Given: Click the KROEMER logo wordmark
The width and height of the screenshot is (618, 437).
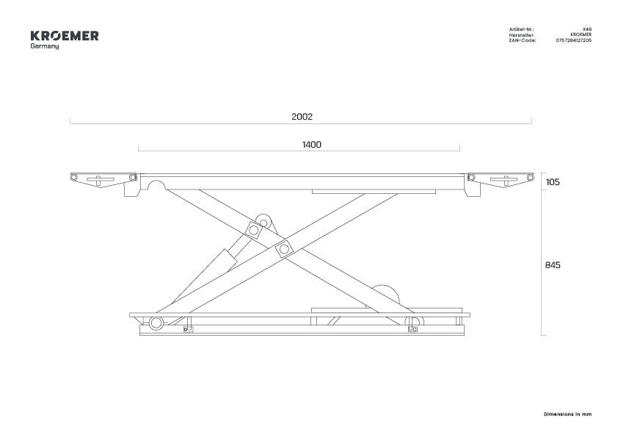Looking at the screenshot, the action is point(65,36).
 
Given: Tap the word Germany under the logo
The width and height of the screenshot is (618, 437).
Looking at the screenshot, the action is point(45,46).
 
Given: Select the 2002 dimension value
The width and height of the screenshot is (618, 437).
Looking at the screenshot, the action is point(302,117).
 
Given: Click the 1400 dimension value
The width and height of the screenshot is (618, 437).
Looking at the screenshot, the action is point(312,145).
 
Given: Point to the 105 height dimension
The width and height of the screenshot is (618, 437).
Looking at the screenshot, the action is point(553,182).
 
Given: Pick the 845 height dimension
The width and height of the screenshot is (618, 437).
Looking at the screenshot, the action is point(553,265).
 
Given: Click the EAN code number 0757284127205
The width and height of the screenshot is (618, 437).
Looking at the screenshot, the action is point(573,40).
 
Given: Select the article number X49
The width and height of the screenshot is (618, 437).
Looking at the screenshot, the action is point(587,29).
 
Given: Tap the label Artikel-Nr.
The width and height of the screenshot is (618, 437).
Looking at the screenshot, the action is point(521,29).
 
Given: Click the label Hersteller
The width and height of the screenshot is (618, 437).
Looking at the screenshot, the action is point(521,35).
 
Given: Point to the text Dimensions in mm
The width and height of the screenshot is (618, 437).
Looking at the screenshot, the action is point(567,414).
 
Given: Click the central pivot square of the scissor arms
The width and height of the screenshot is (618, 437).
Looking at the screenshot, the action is point(284,249).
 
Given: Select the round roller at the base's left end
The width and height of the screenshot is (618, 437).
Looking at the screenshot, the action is point(156,323).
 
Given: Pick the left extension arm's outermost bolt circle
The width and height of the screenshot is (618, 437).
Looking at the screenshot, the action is point(73,177).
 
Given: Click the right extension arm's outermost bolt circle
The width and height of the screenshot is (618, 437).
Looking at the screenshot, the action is point(531,177).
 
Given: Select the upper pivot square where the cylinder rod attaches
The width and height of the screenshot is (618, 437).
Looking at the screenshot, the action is point(254,230).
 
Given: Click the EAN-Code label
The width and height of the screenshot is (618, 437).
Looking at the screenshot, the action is point(523,40).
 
